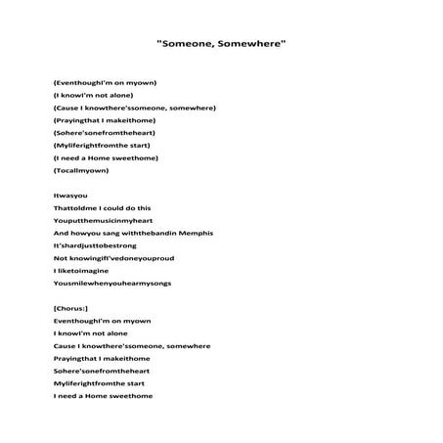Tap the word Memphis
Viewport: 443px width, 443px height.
[x=194, y=233]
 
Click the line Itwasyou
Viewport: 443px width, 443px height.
[x=71, y=196]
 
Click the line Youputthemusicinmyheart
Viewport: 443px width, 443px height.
[x=105, y=221]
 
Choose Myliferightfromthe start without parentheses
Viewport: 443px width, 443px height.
[x=101, y=383]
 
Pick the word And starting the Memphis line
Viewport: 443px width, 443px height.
[x=61, y=233]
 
